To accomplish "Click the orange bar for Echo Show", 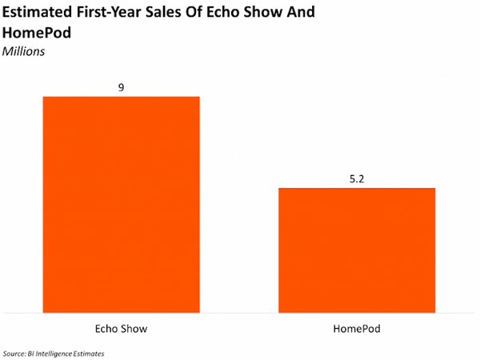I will click(x=121, y=204).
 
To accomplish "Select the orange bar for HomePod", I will click(x=356, y=250).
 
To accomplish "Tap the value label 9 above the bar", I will click(x=121, y=86).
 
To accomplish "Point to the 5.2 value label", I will click(x=356, y=178).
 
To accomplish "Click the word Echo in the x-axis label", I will click(x=106, y=329).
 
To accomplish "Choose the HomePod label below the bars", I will click(x=356, y=329).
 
